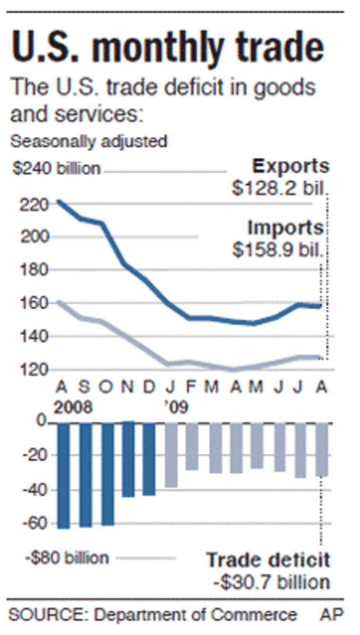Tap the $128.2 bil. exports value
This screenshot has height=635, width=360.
tap(280, 188)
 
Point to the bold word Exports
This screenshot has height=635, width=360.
tap(290, 167)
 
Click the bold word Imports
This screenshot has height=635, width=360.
tap(286, 228)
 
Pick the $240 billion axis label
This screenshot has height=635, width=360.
tap(55, 169)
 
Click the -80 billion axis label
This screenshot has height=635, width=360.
tap(67, 557)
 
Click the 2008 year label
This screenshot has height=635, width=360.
tap(73, 407)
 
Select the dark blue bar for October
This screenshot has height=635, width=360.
tap(108, 474)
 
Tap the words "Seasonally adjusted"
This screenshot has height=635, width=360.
tap(89, 141)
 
